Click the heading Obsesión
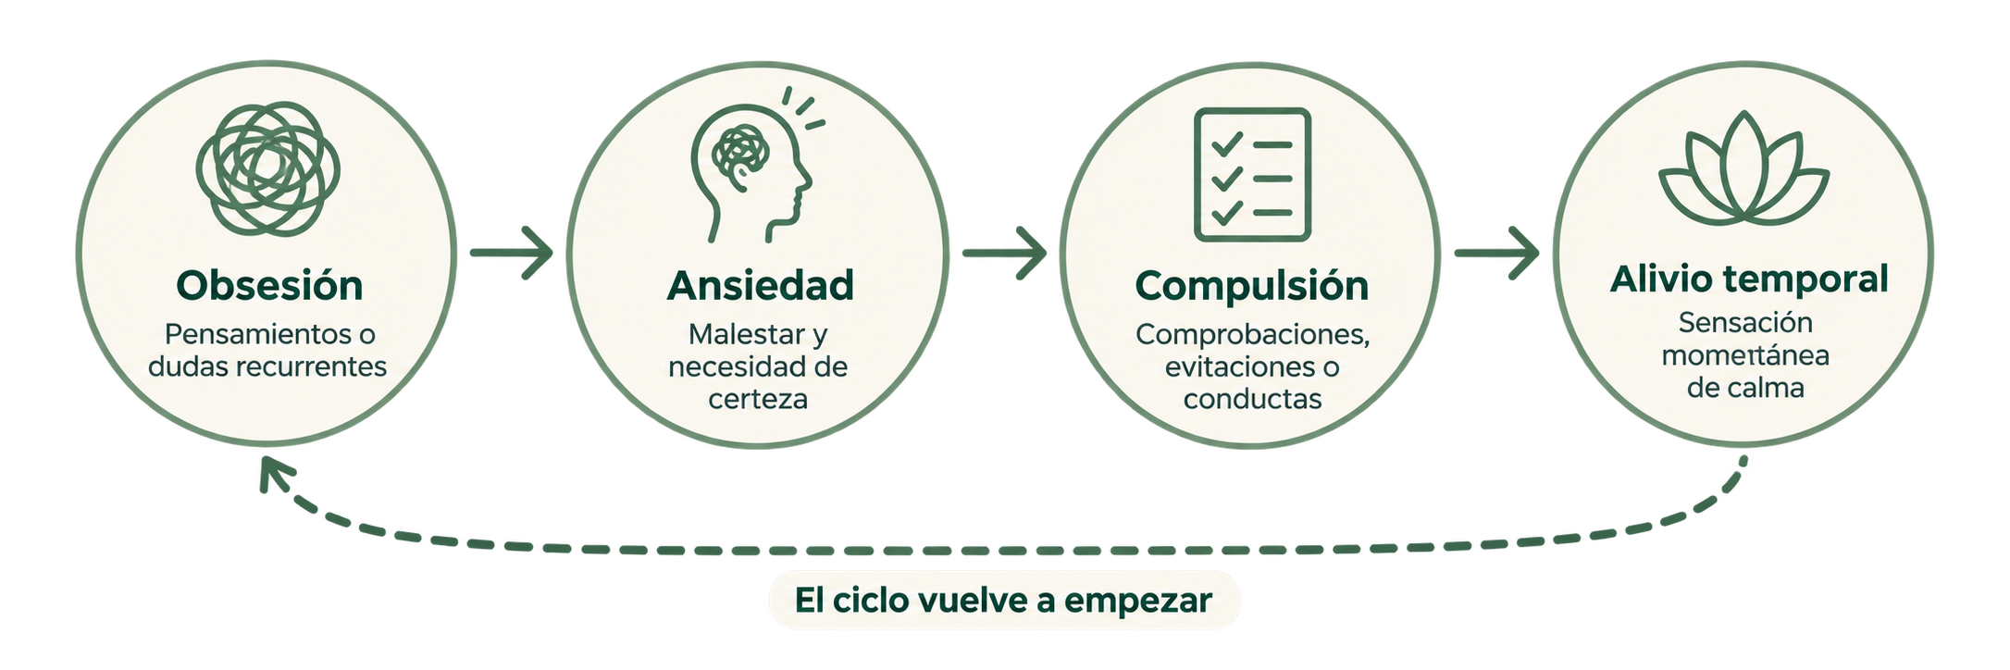(x=269, y=286)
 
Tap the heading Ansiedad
(x=760, y=286)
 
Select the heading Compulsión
(x=1251, y=286)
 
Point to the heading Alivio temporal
(x=1748, y=279)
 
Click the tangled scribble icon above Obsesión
(x=268, y=168)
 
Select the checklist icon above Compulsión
(x=1252, y=175)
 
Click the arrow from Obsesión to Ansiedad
(x=511, y=252)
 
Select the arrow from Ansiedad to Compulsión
(x=1004, y=252)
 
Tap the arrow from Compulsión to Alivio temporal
(x=1496, y=252)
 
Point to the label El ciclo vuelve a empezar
(x=1003, y=601)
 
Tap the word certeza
(x=758, y=399)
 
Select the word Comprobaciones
(x=1253, y=335)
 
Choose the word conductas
(x=1252, y=399)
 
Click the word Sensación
(x=1745, y=322)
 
